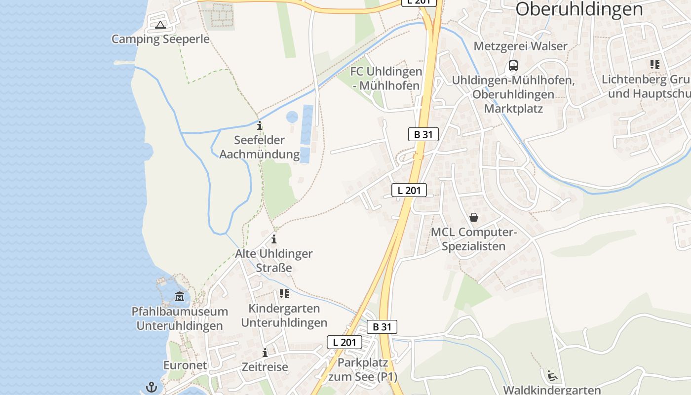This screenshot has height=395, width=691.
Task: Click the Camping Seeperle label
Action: coord(160,39)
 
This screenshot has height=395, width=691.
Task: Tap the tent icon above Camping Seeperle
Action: coord(160,25)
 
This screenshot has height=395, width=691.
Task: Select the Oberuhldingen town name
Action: coord(579,9)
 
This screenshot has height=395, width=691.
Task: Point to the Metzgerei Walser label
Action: coord(521,46)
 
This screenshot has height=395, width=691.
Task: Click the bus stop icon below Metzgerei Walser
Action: coord(513,65)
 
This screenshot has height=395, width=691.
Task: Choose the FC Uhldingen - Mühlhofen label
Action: coord(386,79)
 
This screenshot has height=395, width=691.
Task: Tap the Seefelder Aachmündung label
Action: coord(259,147)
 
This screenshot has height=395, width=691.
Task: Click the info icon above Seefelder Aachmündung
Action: coord(260,125)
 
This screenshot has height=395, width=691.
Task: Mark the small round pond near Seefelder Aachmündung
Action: coord(292,117)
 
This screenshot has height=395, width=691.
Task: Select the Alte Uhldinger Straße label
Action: coord(274,261)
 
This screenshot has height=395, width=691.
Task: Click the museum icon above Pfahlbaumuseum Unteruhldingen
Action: coord(180,297)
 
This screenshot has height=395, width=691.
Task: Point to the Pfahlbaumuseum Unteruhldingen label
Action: coord(180,318)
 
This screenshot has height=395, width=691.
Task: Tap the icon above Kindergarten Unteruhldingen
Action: coord(284,294)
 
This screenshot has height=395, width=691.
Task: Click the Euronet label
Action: coord(185,365)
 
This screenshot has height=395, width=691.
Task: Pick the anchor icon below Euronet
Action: coord(151,387)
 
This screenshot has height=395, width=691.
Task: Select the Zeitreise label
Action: coord(265,367)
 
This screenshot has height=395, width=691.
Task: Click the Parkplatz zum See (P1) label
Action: coord(363,369)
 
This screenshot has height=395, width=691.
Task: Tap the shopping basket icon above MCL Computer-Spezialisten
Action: coord(474,217)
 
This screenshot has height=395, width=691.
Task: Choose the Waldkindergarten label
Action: coord(552,390)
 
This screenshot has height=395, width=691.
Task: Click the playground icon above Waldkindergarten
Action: coord(552,375)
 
